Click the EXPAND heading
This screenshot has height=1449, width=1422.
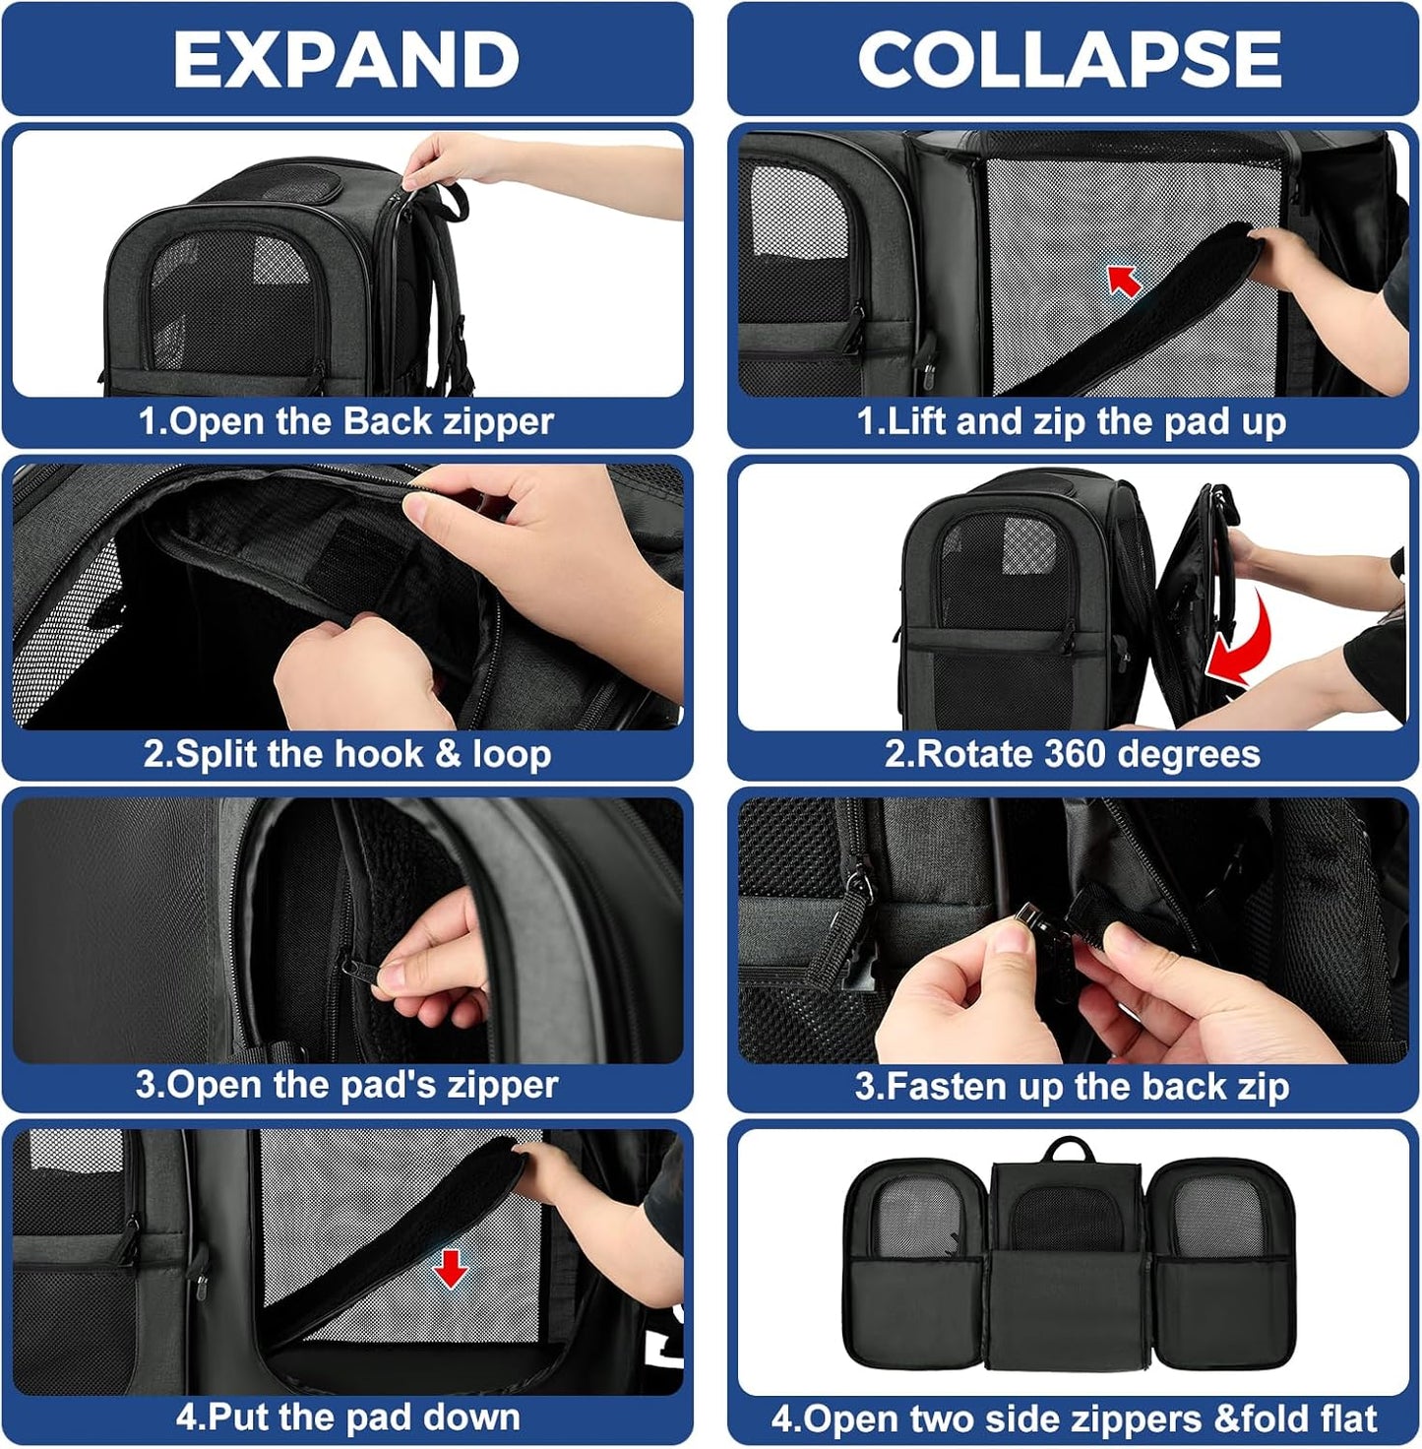[346, 59]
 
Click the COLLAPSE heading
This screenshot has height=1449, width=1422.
[1070, 59]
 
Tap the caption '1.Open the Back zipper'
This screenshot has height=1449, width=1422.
[346, 421]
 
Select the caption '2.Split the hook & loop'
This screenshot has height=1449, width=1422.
[346, 754]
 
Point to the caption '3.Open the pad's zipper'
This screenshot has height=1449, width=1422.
[346, 1085]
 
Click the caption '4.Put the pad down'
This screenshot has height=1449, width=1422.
[346, 1417]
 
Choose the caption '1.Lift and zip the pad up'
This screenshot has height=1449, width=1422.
[1071, 421]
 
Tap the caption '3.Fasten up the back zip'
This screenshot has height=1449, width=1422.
[1071, 1086]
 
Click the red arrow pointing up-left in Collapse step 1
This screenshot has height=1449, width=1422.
[1125, 282]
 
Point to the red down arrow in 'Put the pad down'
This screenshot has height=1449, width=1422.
[451, 1268]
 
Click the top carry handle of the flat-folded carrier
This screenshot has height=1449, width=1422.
[1070, 1150]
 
